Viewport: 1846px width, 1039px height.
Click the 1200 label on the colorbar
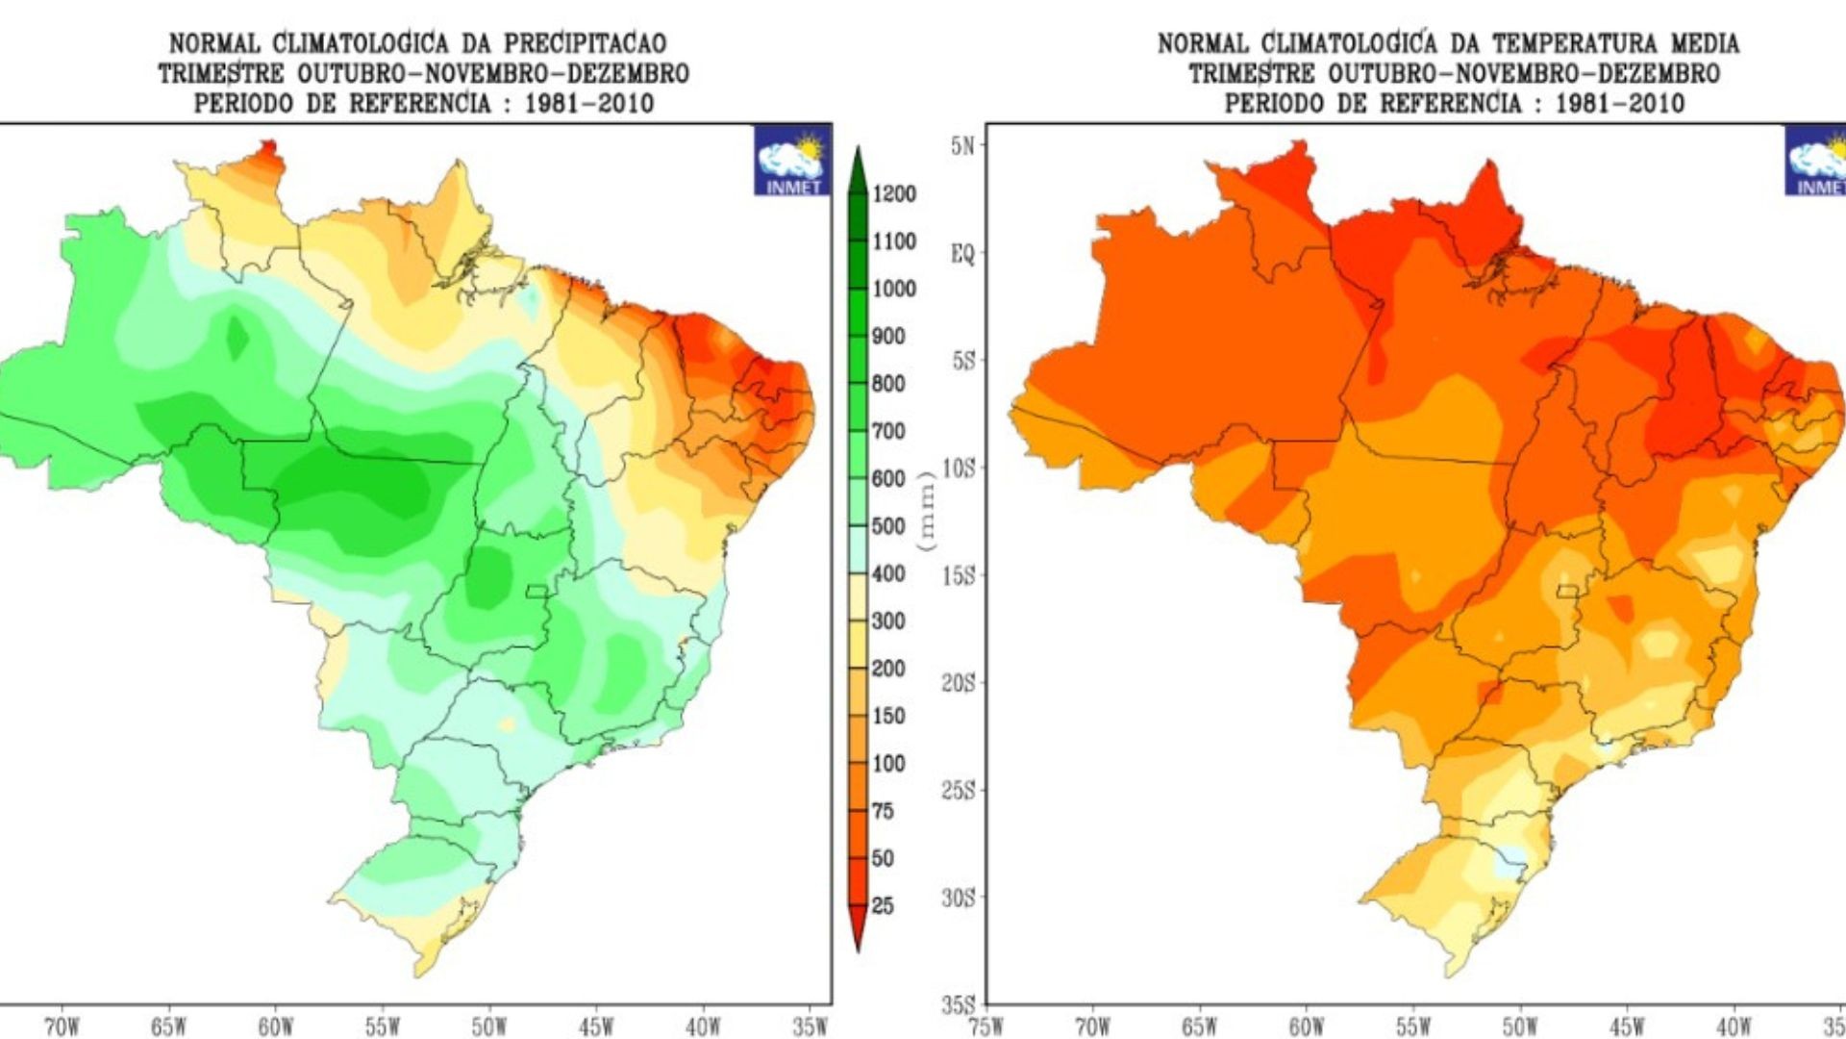coord(893,194)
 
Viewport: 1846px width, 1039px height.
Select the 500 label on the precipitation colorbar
coord(888,526)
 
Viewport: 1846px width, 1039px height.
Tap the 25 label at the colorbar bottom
coord(882,905)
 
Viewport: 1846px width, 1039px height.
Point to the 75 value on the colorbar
coord(882,811)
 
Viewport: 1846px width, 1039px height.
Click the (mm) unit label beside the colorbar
coord(927,512)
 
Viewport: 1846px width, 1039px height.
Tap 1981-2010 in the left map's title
coord(588,104)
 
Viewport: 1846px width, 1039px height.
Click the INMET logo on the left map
coord(792,161)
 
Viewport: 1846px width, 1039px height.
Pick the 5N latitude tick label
coord(962,146)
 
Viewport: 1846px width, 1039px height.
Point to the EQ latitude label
coord(962,254)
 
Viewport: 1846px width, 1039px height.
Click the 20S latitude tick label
coord(959,683)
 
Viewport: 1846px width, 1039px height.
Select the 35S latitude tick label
coord(959,1004)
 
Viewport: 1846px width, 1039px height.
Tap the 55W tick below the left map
coord(382,1026)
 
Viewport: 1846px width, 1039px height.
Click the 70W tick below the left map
coord(62,1026)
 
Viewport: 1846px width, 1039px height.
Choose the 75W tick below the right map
coord(986,1026)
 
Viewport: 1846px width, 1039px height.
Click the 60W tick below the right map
coord(1307,1026)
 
